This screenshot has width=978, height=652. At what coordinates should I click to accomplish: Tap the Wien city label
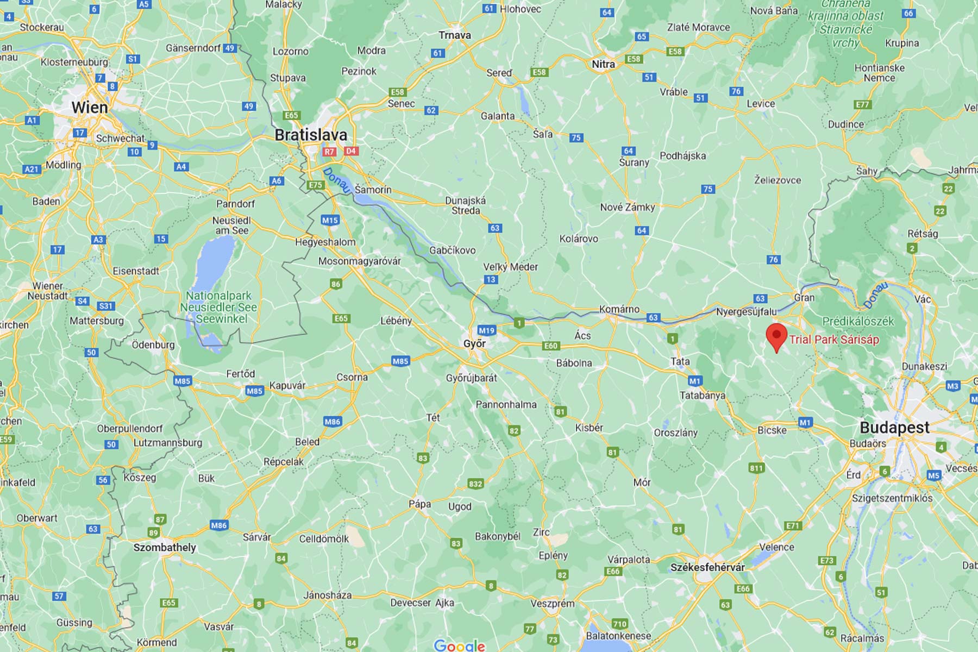(90, 107)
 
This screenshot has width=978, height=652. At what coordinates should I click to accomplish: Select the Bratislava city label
(311, 135)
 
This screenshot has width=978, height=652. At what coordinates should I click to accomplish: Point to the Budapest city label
(894, 428)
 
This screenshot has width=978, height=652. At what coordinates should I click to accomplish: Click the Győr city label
(474, 343)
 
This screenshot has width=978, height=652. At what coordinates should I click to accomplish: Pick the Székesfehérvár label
(707, 567)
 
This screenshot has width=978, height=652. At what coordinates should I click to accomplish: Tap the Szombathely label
(165, 547)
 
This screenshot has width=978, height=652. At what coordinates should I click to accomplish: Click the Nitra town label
(603, 64)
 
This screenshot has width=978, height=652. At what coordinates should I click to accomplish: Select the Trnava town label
(455, 35)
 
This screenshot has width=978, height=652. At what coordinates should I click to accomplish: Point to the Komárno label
(619, 309)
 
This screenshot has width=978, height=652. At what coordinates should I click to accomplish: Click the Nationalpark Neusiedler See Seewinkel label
(218, 307)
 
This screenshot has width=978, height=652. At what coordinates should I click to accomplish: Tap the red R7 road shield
(329, 152)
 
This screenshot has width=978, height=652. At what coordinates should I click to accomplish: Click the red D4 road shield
(351, 151)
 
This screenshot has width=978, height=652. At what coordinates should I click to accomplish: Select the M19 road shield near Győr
(486, 330)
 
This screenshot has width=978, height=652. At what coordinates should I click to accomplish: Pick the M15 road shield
(330, 220)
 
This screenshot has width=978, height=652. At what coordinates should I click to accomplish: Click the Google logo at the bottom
(459, 645)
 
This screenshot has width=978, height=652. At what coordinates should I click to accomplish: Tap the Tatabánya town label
(703, 396)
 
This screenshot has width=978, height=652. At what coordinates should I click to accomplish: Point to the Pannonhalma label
(506, 404)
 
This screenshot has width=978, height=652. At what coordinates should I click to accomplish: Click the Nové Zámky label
(628, 207)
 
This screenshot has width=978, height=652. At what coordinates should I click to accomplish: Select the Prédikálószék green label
(858, 321)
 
